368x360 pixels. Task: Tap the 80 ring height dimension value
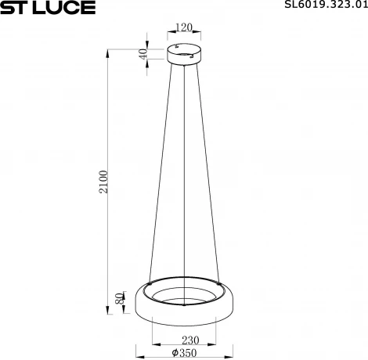pos(119,300)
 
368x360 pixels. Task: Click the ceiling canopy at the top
pos(185,56)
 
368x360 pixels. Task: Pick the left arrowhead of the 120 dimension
pos(171,34)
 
